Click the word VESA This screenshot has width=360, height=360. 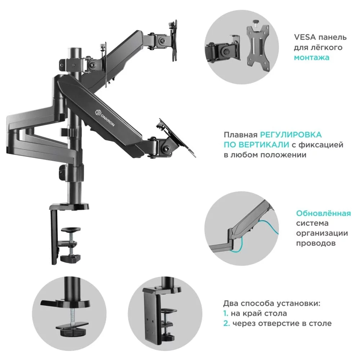pos(305,37)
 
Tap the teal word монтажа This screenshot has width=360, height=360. pos(312,58)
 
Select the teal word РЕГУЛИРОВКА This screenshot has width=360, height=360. pos(291,135)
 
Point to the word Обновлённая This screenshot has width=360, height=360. pos(323,213)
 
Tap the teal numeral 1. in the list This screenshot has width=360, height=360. pos(226,314)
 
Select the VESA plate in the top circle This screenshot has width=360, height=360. pos(258,47)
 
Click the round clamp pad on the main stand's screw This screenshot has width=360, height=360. pos(72,229)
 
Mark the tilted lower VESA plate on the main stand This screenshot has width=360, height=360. pos(175,139)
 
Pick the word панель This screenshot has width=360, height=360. pos(333,37)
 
